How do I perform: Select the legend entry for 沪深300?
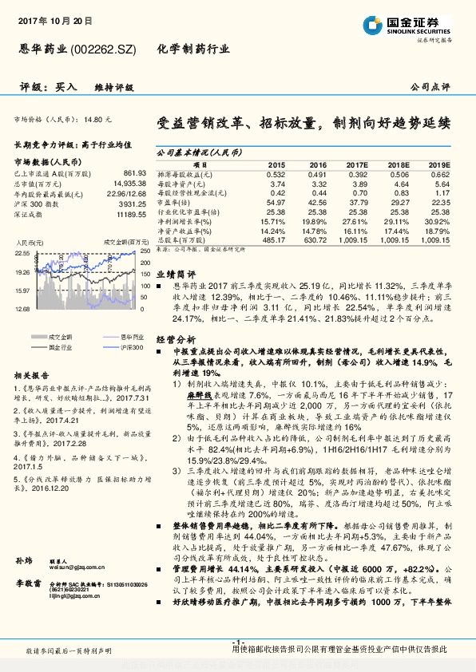tap(132, 347)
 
